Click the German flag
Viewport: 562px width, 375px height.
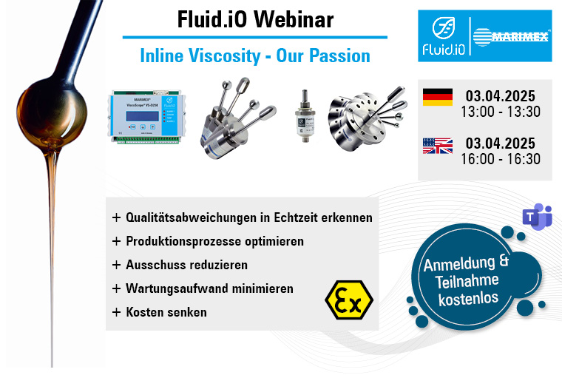point(437,97)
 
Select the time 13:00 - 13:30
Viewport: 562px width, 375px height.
point(501,112)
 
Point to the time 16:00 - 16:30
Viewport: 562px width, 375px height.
point(501,159)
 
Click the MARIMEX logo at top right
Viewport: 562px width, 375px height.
point(512,36)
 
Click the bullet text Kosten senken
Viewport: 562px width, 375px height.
point(166,312)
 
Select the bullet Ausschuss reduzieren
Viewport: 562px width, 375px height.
point(186,265)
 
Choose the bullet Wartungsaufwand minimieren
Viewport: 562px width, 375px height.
point(209,288)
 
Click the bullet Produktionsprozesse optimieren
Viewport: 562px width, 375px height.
point(214,241)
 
